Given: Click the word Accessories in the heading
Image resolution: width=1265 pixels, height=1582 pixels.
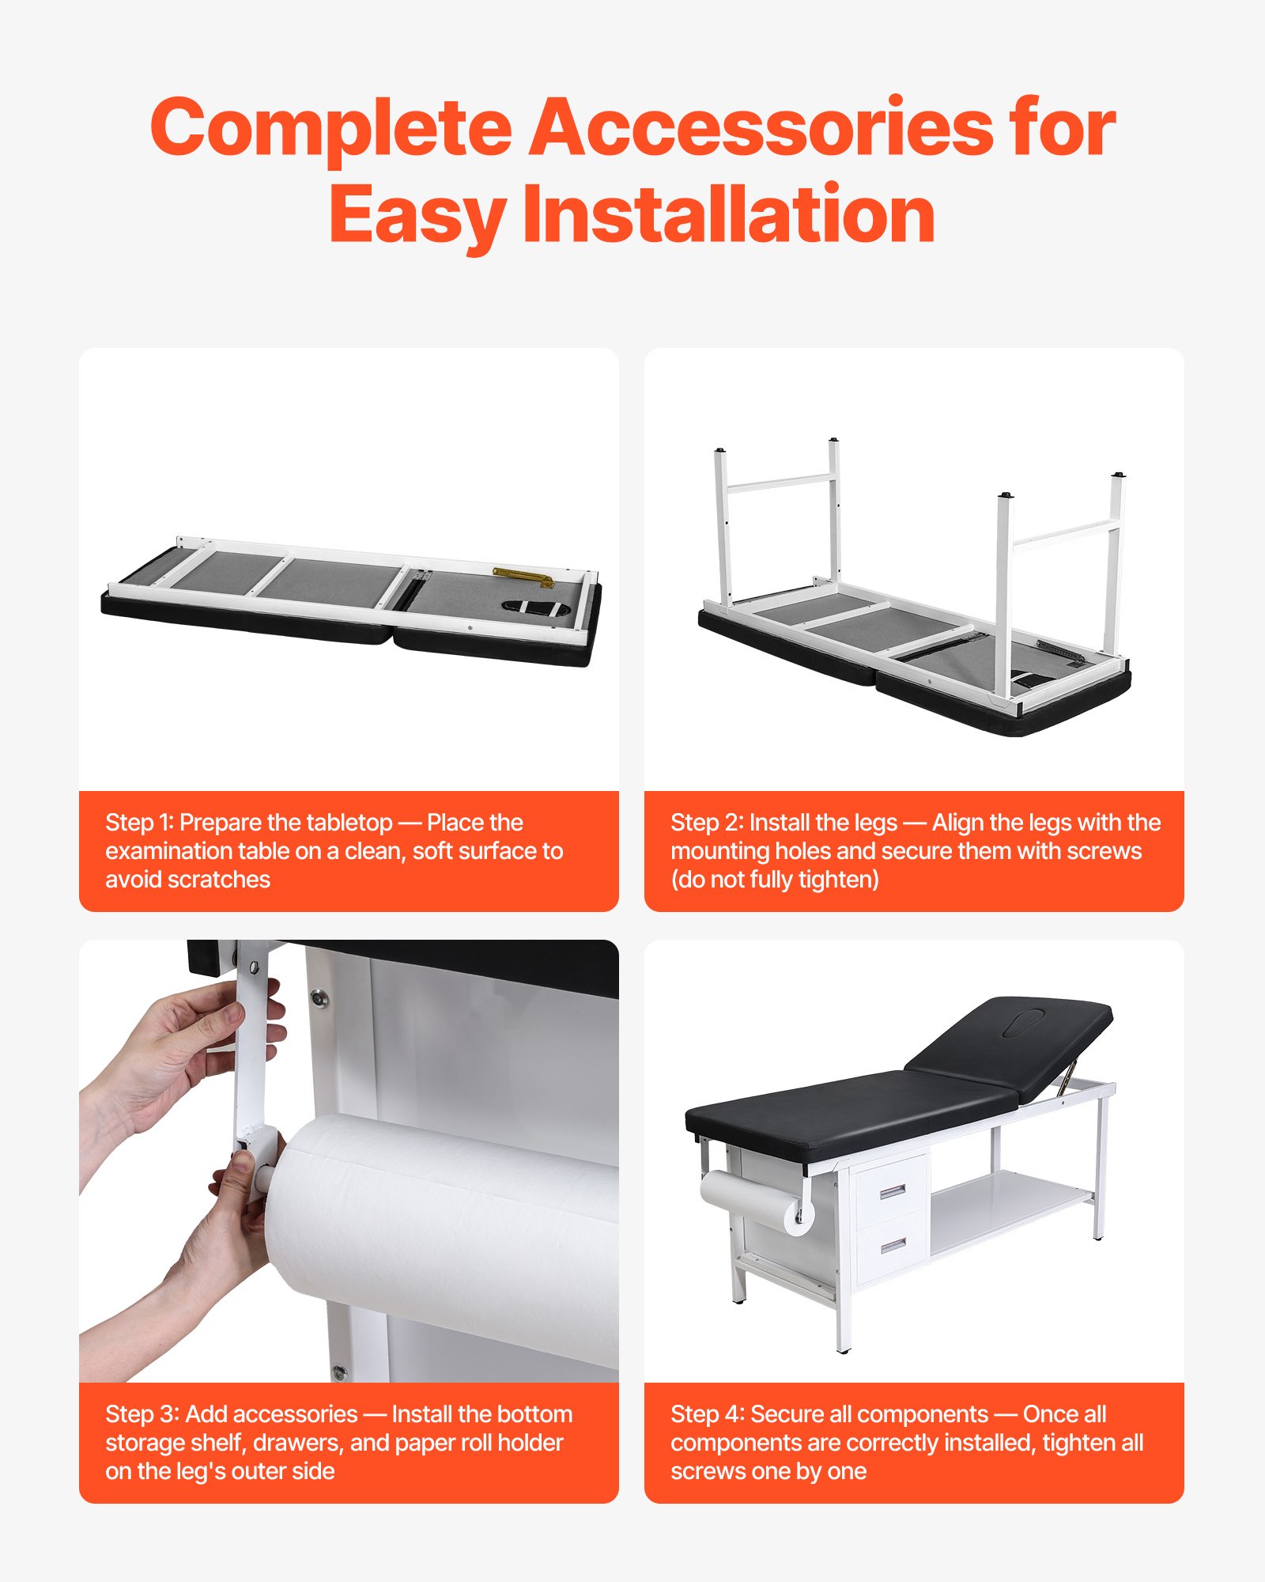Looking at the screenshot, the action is click(x=761, y=127).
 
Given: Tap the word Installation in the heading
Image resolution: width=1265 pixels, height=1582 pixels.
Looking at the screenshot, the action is click(x=728, y=214).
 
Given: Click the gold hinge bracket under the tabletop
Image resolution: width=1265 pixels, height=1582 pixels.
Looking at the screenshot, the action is click(x=522, y=577).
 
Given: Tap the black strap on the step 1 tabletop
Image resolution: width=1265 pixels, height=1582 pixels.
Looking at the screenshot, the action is click(x=536, y=609).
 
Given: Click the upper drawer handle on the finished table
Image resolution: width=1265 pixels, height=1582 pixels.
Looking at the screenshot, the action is click(x=892, y=1191).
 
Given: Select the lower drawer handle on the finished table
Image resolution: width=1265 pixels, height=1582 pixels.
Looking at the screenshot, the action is click(x=893, y=1246).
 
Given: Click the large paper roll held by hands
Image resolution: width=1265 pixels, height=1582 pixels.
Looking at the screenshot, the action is click(x=443, y=1234).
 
